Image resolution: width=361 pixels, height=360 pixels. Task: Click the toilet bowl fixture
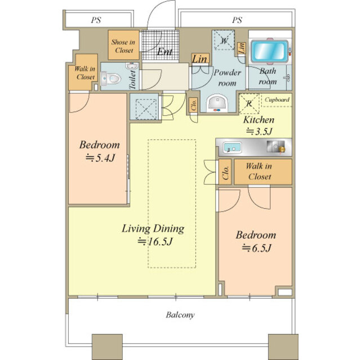pos(112,78)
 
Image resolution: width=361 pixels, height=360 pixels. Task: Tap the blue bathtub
pos(269,51)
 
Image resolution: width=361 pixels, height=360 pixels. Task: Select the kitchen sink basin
pos(233,147)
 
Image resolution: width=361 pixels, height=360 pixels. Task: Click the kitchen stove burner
pos(276,146)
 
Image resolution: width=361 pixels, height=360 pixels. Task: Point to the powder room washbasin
pos(217,103)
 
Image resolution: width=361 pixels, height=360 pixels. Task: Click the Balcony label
pos(180,314)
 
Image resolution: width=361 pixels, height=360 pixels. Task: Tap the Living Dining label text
pos(153,228)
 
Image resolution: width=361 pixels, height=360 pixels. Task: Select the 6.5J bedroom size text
pos(257,248)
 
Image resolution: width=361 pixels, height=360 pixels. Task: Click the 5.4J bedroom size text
pos(100,158)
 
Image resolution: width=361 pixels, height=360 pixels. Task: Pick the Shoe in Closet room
pos(124,45)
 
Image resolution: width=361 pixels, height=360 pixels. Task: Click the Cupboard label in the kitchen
pos(277,100)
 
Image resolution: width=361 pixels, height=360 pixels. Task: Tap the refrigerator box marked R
pos(249,103)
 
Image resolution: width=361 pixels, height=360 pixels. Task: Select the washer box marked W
pos(224,40)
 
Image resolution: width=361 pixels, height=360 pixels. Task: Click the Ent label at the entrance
pos(164,52)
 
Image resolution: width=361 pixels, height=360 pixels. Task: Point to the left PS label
pos(96,20)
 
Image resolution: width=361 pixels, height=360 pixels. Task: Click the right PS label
pos(237,20)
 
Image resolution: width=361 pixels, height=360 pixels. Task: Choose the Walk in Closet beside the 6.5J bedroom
pos(263,172)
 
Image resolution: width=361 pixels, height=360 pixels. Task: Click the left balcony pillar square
pos(108,347)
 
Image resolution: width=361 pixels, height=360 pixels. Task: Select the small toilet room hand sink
pos(132,65)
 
